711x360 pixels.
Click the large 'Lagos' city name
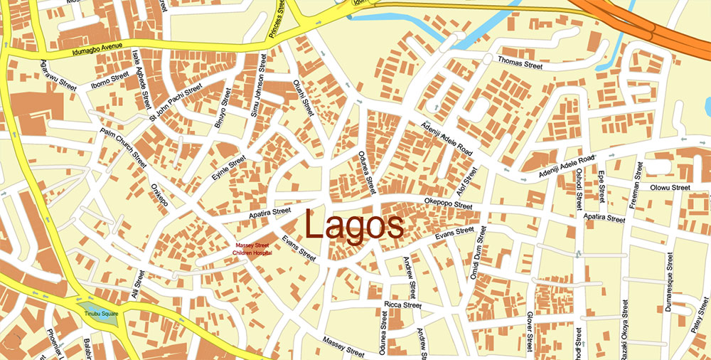pyautogui.click(x=355, y=227)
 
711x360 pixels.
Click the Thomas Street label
pyautogui.click(x=520, y=64)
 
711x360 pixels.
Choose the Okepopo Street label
pyautogui.click(x=448, y=206)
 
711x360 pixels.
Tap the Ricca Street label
pyautogui.click(x=403, y=305)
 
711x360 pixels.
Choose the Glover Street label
pyautogui.click(x=530, y=332)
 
